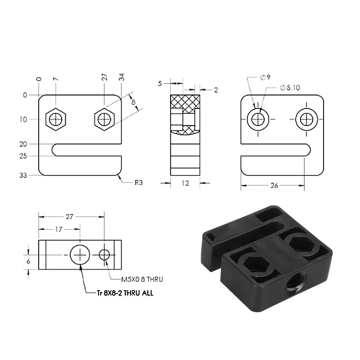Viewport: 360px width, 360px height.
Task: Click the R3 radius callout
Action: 139,183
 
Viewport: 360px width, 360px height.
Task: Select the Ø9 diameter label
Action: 265,77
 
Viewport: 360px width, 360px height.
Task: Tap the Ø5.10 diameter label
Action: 290,87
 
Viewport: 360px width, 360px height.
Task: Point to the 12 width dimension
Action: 185,183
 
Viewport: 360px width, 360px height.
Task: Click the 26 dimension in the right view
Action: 274,185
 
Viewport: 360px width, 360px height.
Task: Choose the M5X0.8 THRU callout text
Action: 142,279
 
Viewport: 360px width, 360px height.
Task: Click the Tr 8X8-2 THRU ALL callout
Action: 125,293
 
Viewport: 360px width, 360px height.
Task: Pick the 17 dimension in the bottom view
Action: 58,229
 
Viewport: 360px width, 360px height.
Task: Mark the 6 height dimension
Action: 28,261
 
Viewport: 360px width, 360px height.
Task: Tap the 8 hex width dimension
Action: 133,102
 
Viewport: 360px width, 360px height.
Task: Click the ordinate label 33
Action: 23,175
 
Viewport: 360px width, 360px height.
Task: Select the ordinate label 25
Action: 23,156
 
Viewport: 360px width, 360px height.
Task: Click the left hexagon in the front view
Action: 56,119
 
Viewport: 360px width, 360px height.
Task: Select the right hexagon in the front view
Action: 104,119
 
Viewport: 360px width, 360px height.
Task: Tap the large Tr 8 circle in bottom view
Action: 80,255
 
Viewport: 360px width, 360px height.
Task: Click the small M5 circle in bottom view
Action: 104,255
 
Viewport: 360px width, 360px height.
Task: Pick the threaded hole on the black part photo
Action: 295,287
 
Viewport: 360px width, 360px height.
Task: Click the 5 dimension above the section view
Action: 160,84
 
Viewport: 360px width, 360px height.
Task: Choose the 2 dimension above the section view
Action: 216,90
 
